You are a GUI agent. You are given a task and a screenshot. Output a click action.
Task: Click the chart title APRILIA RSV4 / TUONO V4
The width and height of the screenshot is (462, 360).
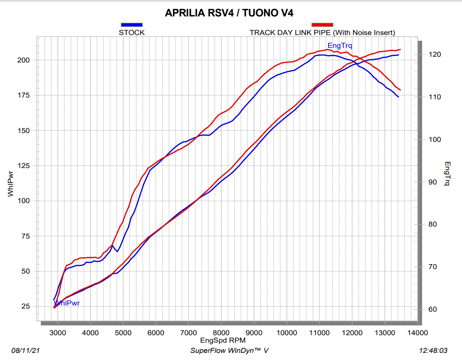[229, 13]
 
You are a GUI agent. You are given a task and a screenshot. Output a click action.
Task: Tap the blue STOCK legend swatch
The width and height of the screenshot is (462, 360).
[132, 25]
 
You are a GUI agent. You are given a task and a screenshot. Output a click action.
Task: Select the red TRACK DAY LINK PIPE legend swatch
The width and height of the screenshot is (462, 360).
[322, 25]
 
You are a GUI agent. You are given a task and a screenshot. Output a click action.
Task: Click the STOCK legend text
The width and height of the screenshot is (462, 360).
[132, 32]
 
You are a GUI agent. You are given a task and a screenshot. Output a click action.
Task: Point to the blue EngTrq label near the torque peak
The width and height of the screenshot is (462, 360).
[340, 45]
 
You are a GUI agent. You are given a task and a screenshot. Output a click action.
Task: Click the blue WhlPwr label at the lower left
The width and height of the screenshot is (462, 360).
[67, 303]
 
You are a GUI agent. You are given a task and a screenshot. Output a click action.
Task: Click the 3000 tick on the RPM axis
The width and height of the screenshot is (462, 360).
[58, 332]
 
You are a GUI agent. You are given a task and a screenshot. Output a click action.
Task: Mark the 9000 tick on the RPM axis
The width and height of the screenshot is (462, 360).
[254, 332]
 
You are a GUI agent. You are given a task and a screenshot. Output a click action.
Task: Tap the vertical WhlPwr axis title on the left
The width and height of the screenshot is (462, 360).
[11, 183]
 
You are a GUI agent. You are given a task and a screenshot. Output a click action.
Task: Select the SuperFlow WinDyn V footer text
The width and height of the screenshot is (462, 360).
[229, 351]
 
